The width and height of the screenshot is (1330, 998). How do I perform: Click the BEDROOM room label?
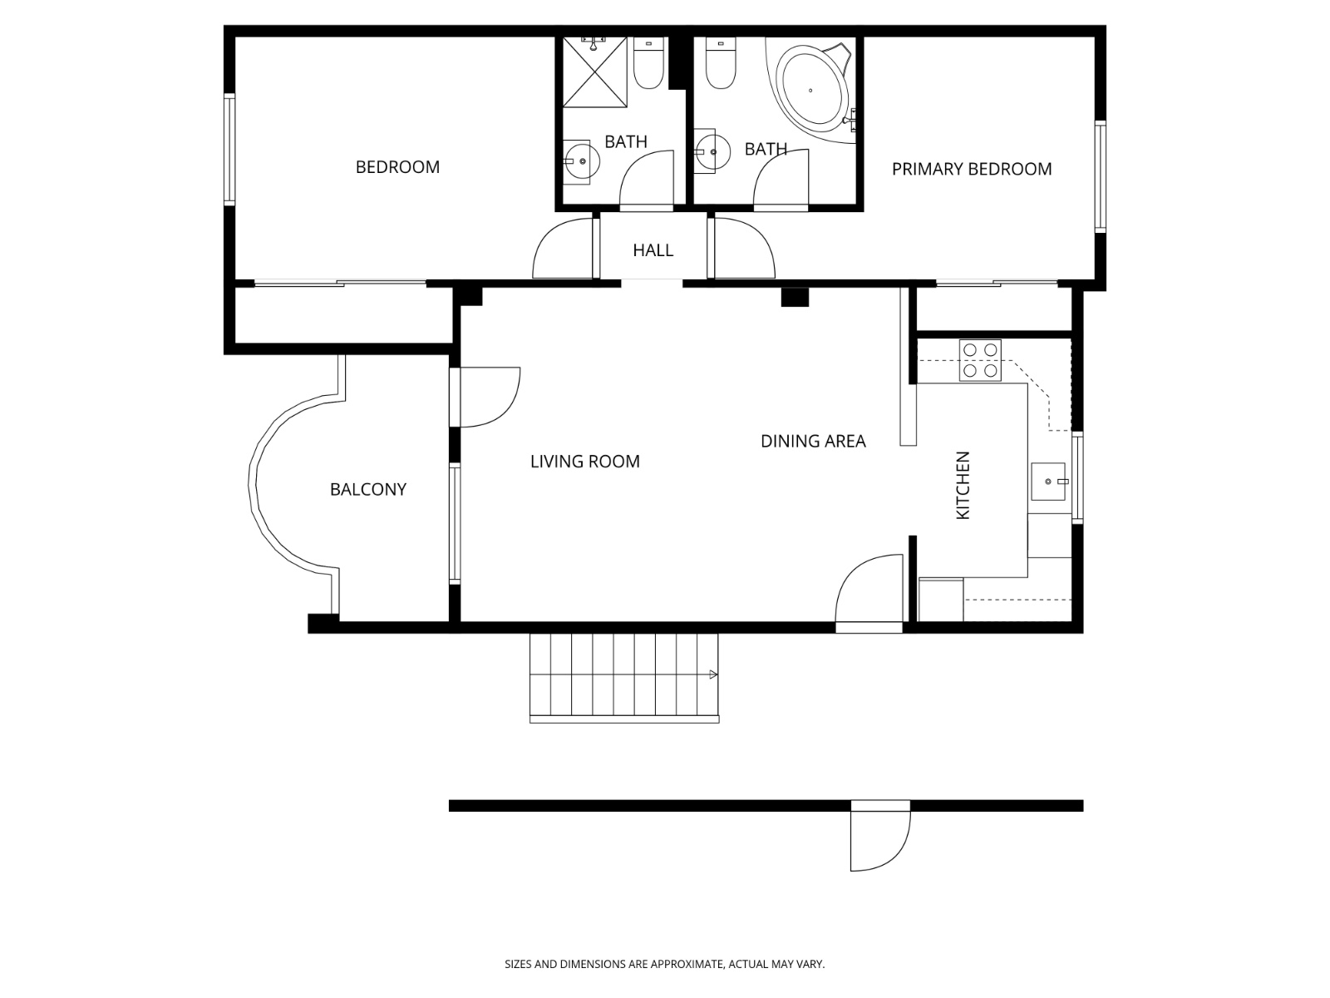[x=397, y=167]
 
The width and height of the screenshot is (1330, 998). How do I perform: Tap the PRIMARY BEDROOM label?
[x=972, y=169]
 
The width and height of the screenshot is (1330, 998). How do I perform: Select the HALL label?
[x=653, y=250]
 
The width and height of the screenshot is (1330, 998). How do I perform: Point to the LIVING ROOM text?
[x=585, y=462]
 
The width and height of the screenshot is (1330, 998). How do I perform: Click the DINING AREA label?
[x=813, y=442]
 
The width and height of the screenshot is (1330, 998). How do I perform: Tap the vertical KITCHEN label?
[x=963, y=486]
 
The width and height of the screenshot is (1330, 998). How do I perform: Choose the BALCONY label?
[x=368, y=490]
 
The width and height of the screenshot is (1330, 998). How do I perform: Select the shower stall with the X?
[x=594, y=73]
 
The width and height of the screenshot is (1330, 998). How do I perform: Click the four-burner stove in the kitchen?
[x=980, y=360]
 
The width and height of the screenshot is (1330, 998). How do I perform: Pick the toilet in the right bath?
[x=721, y=66]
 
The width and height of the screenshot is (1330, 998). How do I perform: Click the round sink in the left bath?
[x=581, y=161]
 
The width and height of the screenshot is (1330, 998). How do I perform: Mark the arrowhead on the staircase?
[x=712, y=674]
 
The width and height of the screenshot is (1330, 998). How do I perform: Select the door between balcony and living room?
[x=486, y=397]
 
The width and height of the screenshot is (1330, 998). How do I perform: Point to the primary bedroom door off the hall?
[x=742, y=248]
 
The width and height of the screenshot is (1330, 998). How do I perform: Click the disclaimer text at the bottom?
[x=664, y=965]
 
